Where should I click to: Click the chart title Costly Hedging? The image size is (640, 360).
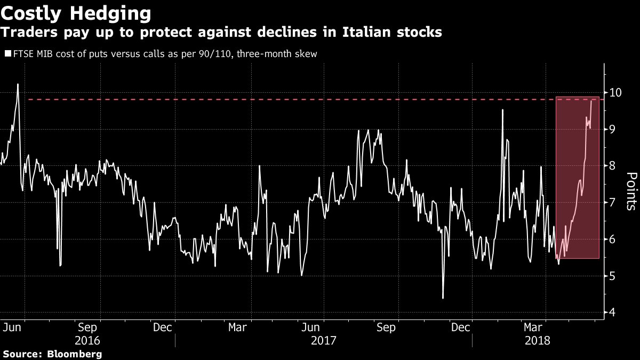pyautogui.click(x=75, y=12)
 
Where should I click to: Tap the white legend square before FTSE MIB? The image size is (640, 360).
pyautogui.click(x=7, y=54)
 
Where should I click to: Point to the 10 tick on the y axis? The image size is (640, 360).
pyautogui.click(x=615, y=93)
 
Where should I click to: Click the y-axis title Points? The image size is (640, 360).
pyautogui.click(x=630, y=191)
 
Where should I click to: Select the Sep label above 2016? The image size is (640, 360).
pyautogui.click(x=87, y=327)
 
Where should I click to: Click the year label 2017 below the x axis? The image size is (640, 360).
pyautogui.click(x=324, y=340)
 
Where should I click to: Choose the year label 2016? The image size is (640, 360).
pyautogui.click(x=87, y=340)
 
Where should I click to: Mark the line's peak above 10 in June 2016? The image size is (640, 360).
pyautogui.click(x=18, y=84)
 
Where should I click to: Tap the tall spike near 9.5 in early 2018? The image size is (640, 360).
pyautogui.click(x=502, y=110)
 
